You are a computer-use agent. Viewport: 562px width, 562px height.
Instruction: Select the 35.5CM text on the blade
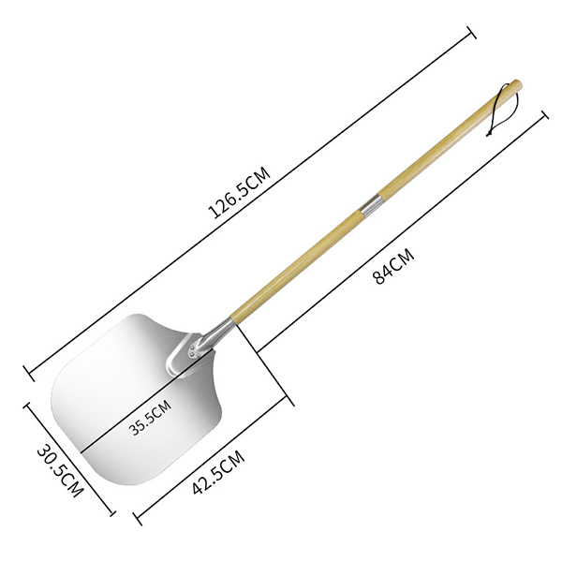click(x=150, y=417)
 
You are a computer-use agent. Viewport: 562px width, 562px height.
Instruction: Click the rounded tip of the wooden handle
click(x=516, y=85)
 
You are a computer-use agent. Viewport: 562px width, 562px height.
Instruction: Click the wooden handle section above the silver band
click(x=440, y=150)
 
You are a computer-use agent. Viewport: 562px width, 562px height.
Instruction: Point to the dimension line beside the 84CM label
click(x=403, y=234)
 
